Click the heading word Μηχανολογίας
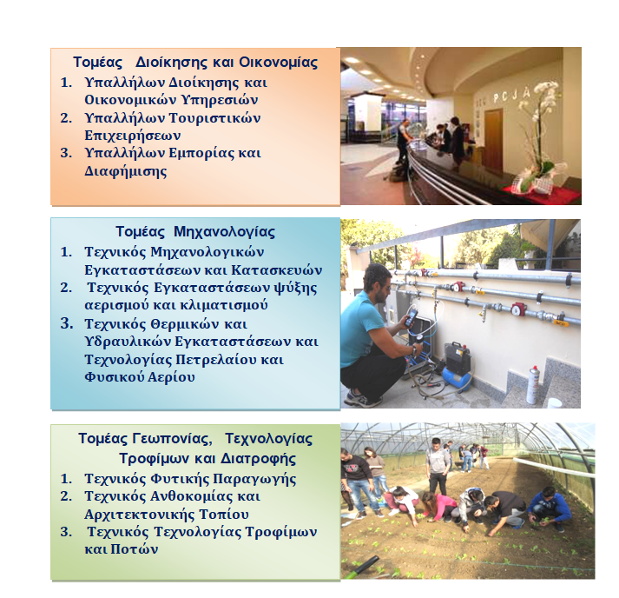(x=224, y=232)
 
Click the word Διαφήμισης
(x=126, y=171)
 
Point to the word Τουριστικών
(x=214, y=118)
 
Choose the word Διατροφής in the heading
(x=258, y=459)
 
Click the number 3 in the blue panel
(x=67, y=323)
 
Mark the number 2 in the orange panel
(x=66, y=118)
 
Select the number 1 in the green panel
(x=66, y=479)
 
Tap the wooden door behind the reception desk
(x=493, y=138)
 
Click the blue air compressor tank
(x=457, y=379)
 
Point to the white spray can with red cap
(x=532, y=384)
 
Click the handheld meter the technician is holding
(x=411, y=318)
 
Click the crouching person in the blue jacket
(x=549, y=508)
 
